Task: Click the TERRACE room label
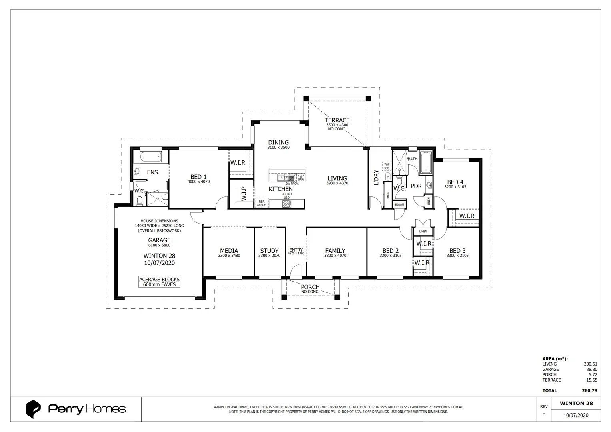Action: tap(337, 120)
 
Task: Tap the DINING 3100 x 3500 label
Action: tap(278, 144)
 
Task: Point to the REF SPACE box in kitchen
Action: tap(261, 203)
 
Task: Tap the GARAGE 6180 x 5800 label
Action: tap(159, 242)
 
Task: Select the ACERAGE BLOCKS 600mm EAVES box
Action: tap(159, 282)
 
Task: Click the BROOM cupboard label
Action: tap(399, 205)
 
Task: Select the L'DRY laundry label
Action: tap(376, 178)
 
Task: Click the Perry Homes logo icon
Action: tap(33, 409)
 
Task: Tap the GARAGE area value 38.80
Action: tap(591, 369)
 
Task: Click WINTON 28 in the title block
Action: tap(576, 403)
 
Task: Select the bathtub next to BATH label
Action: tap(426, 163)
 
